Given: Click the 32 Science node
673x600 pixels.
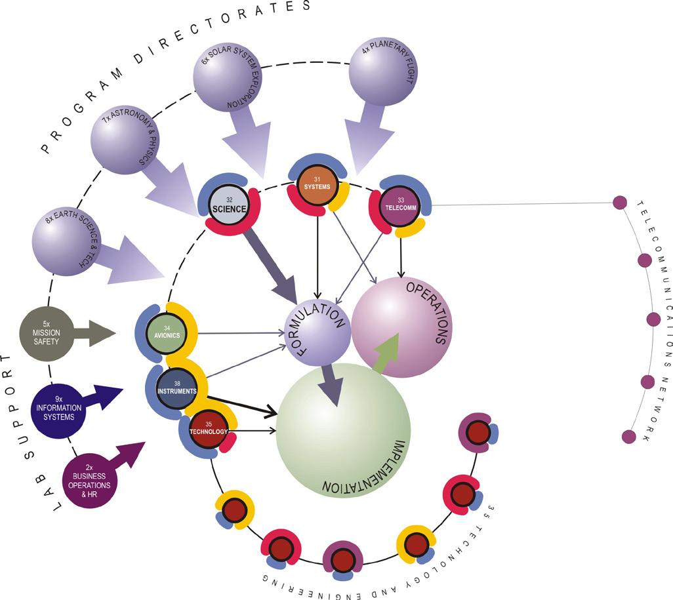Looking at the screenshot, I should pyautogui.click(x=229, y=206).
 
